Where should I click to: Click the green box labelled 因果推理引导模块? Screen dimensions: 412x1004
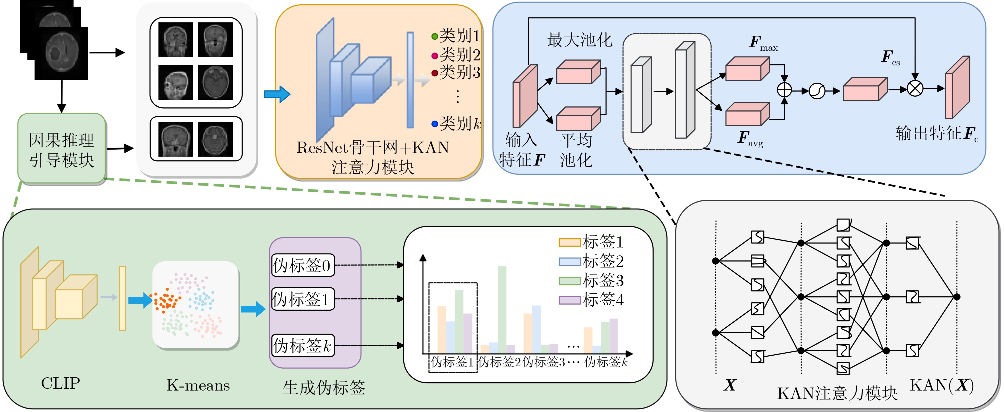(x=61, y=149)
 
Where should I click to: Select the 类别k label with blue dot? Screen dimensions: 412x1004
(x=456, y=124)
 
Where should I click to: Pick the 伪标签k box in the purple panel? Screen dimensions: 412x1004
(x=302, y=345)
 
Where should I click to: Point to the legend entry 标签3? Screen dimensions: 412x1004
(x=591, y=280)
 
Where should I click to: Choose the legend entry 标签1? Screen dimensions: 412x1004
(x=591, y=242)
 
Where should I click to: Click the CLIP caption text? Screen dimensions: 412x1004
(x=60, y=383)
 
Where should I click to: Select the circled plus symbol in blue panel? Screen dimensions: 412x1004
(x=784, y=90)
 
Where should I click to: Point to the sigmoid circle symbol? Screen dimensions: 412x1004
(x=817, y=91)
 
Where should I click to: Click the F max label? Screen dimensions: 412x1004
(x=762, y=43)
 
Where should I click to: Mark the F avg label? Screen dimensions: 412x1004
(x=750, y=139)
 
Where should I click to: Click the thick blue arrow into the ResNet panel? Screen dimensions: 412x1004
(x=277, y=94)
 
